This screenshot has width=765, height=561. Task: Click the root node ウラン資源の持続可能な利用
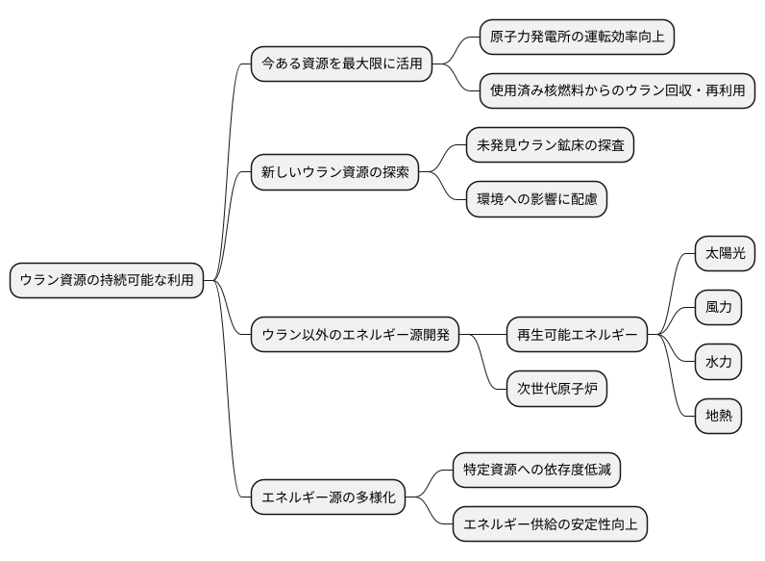tap(107, 280)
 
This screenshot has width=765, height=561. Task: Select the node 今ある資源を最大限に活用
tap(341, 64)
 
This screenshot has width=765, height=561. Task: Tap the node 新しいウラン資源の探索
tap(334, 173)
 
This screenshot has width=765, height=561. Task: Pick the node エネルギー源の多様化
tap(328, 497)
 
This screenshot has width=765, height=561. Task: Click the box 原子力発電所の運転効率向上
tap(578, 38)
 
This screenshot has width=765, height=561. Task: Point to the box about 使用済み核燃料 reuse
tap(616, 91)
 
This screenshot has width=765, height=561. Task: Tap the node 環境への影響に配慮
tap(536, 199)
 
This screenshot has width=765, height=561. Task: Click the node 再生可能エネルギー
tap(577, 335)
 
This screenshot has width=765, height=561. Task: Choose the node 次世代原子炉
tap(556, 389)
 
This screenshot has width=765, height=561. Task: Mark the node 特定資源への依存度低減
tap(536, 471)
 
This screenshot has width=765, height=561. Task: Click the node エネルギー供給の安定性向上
tap(550, 524)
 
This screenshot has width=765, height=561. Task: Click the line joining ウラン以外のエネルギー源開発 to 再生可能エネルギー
tap(483, 335)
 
